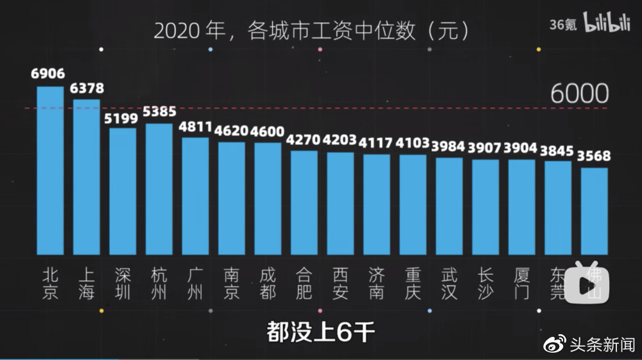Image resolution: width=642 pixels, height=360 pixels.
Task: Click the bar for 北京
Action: [50, 170]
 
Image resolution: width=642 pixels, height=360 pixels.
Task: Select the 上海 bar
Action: [87, 176]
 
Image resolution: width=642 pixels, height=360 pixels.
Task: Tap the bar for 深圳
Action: [123, 191]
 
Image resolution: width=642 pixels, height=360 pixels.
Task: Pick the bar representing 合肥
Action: [304, 202]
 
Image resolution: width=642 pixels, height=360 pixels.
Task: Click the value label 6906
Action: [48, 73]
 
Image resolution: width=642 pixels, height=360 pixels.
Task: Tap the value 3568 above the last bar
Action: [594, 156]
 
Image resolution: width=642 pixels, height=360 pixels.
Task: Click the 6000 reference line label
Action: [579, 94]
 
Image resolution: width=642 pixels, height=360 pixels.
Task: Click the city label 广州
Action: [195, 284]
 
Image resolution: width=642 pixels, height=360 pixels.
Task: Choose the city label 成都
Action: [268, 284]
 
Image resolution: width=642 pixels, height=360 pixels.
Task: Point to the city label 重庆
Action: [413, 284]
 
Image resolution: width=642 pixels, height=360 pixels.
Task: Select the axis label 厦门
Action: [521, 284]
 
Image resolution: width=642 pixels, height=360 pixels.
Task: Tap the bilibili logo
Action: [607, 24]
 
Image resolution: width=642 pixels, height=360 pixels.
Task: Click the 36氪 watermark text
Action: [563, 24]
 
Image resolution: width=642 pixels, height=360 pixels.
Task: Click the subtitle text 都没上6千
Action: [320, 333]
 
